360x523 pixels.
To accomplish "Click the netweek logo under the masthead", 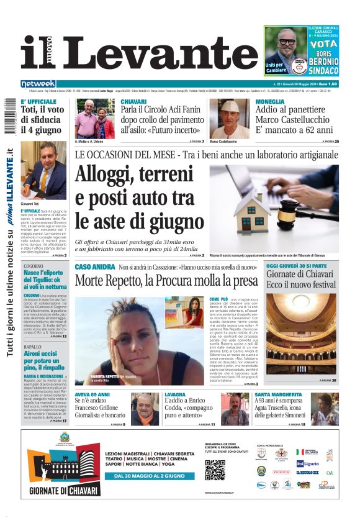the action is click(x=38, y=83).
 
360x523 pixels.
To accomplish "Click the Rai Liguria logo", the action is click(x=308, y=463).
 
